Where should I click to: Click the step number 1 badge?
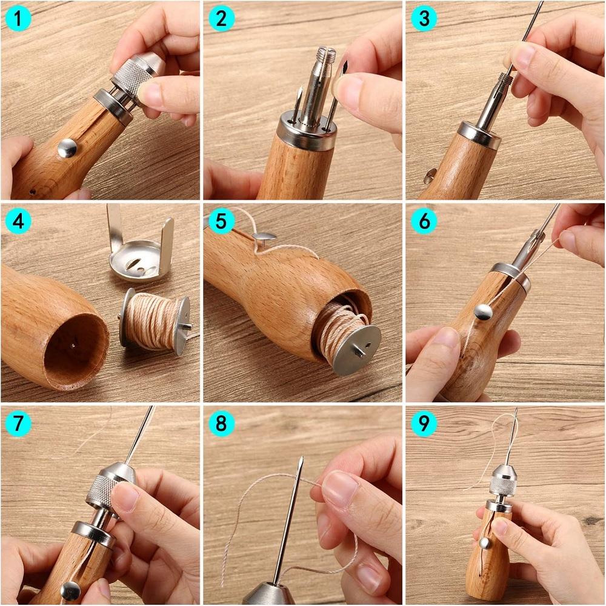[19, 19]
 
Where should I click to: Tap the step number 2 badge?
[221, 19]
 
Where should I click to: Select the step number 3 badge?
[424, 19]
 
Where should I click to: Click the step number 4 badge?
[19, 221]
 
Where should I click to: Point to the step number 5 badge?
[221, 221]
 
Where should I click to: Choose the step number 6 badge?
[424, 221]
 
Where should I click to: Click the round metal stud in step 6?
[483, 312]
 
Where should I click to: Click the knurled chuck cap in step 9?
[502, 483]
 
